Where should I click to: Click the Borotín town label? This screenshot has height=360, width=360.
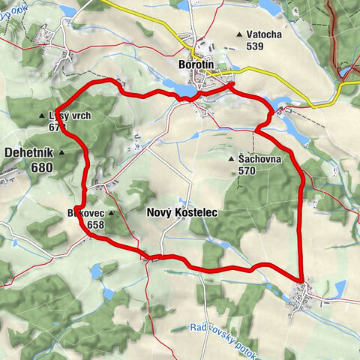[x=197, y=64]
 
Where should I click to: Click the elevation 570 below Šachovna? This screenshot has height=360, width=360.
[x=248, y=171]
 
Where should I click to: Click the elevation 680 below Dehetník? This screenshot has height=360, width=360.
[x=43, y=167]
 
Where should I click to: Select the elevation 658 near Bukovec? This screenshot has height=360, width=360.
[x=95, y=224]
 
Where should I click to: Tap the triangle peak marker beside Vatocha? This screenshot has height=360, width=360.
[x=239, y=34]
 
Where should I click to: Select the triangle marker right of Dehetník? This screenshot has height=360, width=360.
[x=62, y=153]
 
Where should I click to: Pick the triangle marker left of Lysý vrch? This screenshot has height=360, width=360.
[x=42, y=116]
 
